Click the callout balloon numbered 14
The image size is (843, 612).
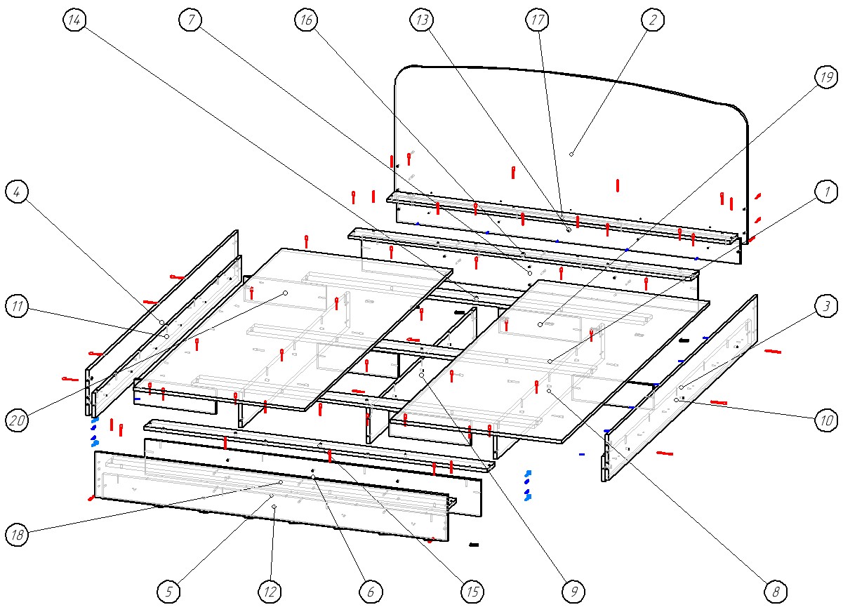74,21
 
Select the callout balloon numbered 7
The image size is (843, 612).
190,20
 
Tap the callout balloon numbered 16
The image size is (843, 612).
305,21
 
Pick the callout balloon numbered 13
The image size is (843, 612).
422,21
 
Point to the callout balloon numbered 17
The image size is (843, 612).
537,21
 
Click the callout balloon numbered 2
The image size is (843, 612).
653,20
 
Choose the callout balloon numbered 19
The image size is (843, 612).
826,75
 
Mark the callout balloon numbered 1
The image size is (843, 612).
826,190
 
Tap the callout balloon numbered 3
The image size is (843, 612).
826,305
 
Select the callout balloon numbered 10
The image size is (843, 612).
826,420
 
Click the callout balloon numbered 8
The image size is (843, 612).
776,592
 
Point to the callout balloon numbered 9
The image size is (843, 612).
573,592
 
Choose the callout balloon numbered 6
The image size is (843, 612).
371,592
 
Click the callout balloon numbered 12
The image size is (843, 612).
270,592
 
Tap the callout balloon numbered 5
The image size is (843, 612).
168,592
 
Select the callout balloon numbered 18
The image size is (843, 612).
17,535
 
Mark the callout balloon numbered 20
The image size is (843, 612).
17,420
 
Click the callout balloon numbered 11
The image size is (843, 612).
17,305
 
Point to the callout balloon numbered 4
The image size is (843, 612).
17,190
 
